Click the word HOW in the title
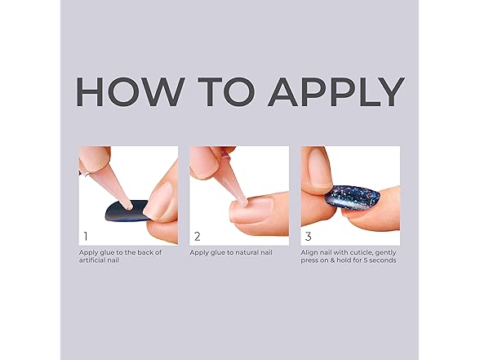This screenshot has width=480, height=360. pyautogui.click(x=131, y=91)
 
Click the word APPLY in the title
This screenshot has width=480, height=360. pyautogui.click(x=336, y=91)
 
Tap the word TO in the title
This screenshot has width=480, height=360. pyautogui.click(x=227, y=91)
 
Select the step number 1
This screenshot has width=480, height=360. pyautogui.click(x=86, y=237)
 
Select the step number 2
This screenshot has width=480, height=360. pyautogui.click(x=198, y=237)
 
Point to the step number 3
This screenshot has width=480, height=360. pyautogui.click(x=308, y=237)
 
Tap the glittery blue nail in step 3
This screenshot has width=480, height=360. pyautogui.click(x=352, y=198)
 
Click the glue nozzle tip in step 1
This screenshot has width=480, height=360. pyautogui.click(x=130, y=207)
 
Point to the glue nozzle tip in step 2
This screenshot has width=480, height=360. pyautogui.click(x=243, y=202)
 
